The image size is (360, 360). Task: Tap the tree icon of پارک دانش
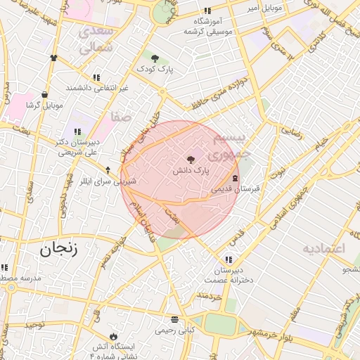pos(191,160)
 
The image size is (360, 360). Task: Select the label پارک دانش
pos(191,171)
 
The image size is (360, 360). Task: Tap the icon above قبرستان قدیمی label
pos(235,179)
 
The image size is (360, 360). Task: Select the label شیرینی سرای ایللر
pos(108,181)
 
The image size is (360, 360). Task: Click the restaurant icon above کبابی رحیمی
pos(186,319)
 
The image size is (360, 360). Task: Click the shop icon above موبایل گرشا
pos(45,94)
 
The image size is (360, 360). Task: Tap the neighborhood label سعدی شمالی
pos(96,40)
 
